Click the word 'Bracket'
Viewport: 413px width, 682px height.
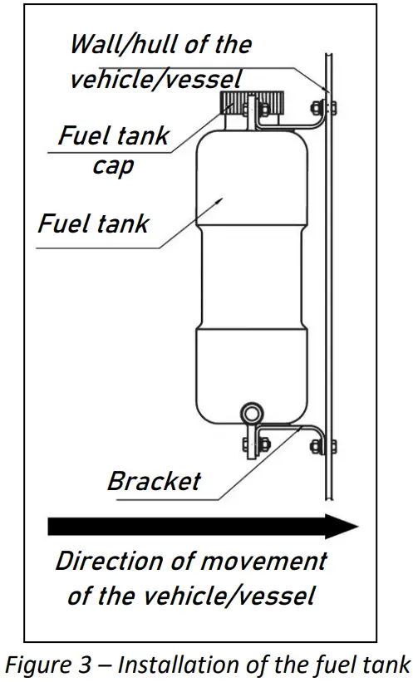(x=154, y=481)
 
